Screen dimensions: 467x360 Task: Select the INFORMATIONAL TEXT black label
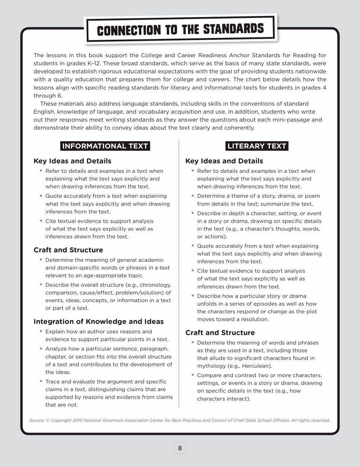point(105,146)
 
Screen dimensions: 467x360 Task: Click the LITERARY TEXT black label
point(257,146)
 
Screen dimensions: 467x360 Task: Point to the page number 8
point(180,448)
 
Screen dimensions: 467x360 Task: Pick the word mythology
point(212,366)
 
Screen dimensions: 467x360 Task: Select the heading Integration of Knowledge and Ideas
point(99,322)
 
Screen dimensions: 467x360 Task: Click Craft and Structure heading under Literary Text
point(220,333)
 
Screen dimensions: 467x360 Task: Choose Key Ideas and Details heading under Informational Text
point(72,161)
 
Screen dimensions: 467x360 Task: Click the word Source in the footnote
point(37,420)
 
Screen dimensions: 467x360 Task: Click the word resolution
point(255,319)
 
